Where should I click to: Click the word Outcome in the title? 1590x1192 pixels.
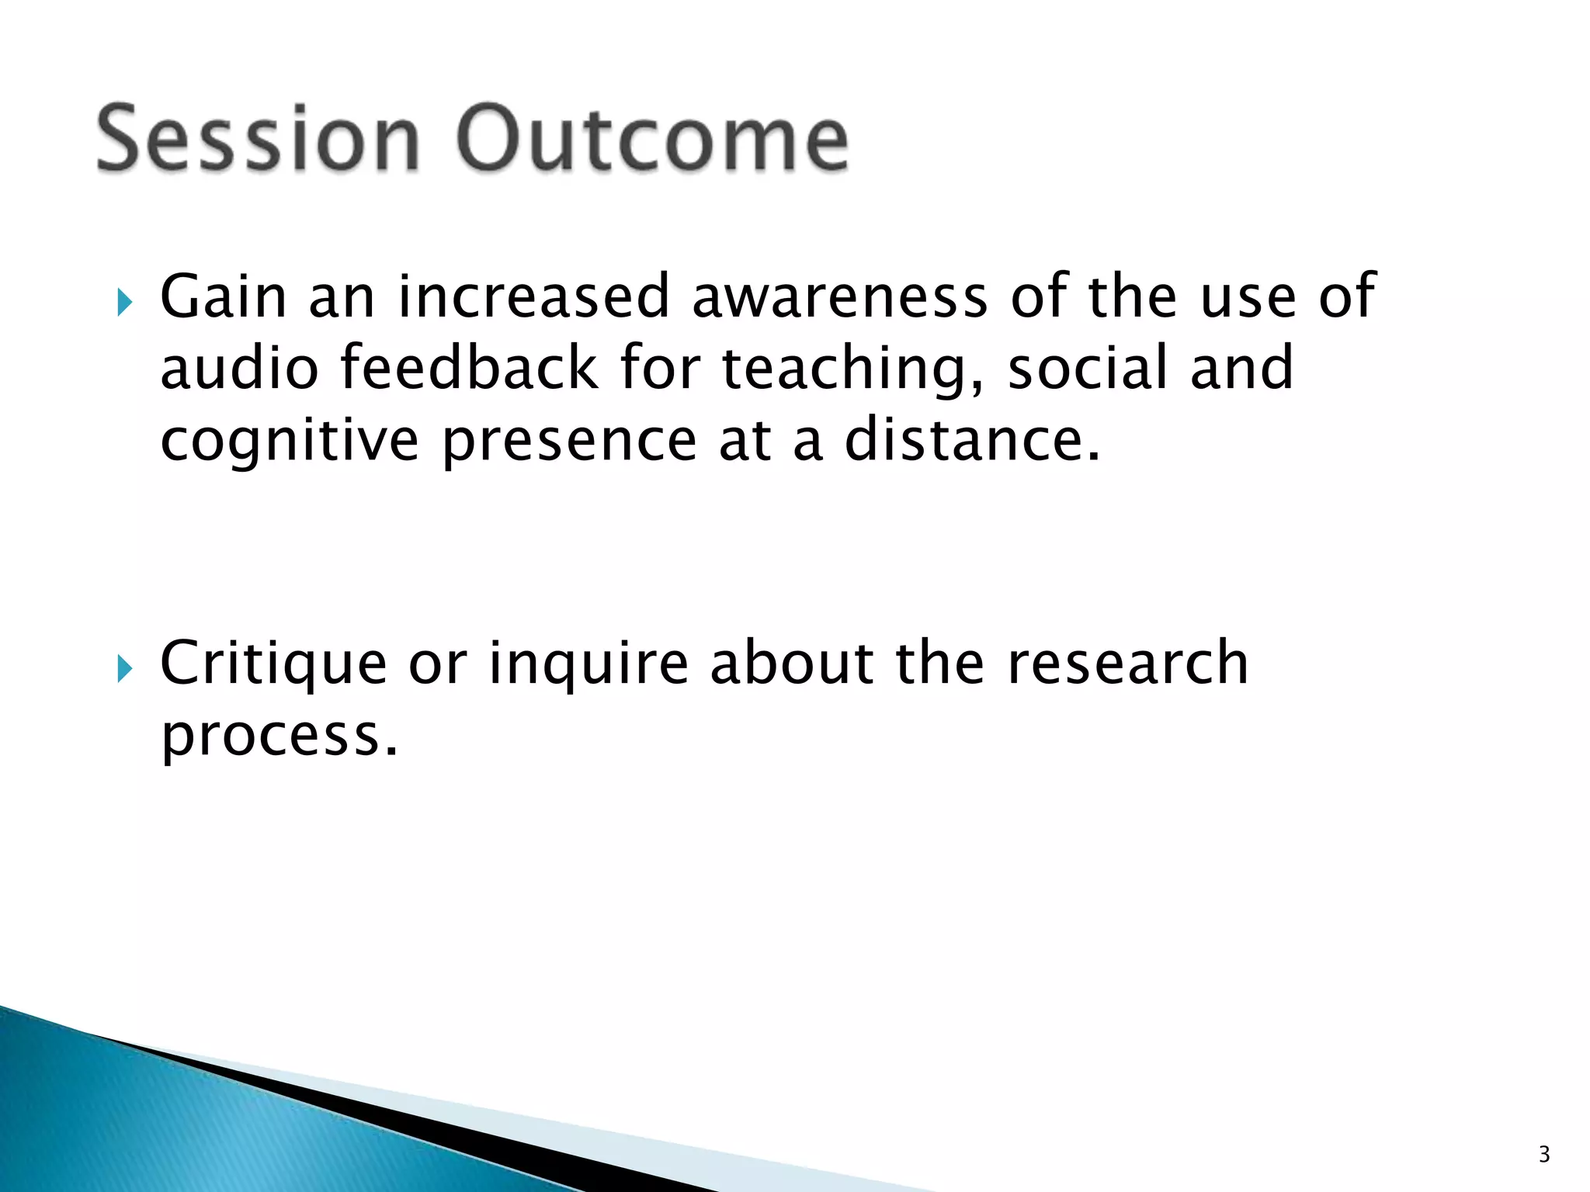654,140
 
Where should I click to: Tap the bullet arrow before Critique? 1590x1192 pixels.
125,667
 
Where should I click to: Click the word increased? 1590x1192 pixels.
533,297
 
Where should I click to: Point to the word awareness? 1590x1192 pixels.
840,297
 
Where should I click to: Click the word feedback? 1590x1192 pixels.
469,368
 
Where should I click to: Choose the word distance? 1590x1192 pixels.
972,439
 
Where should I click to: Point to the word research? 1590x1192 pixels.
1127,664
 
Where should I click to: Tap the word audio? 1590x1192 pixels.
239,368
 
